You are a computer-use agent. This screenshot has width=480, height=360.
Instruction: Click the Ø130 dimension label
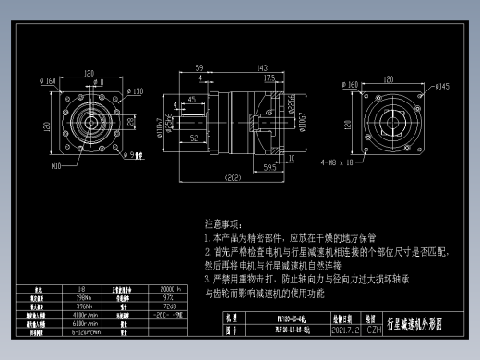[136, 91]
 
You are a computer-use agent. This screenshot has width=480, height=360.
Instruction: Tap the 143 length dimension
[262, 69]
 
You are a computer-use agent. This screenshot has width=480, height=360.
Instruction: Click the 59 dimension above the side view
[198, 69]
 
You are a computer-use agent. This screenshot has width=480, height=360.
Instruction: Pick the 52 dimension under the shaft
[195, 138]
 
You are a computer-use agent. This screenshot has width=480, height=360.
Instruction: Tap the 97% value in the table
[169, 298]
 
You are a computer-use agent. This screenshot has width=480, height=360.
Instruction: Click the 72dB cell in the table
[170, 306]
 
